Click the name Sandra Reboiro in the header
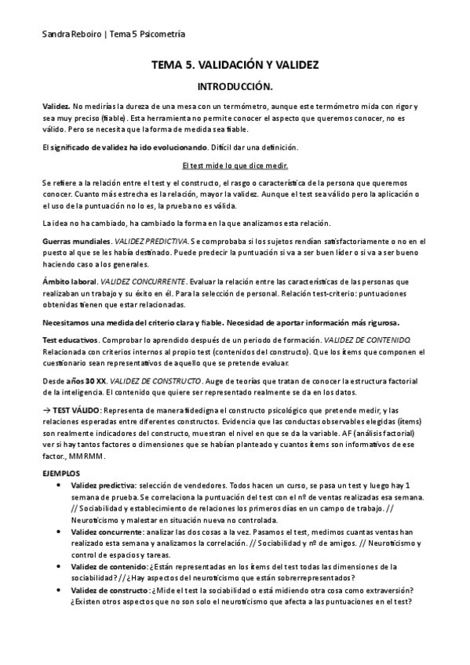[70, 35]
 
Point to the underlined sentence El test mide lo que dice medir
[235, 165]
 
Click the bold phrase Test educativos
[70, 339]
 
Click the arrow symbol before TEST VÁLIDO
[46, 410]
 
